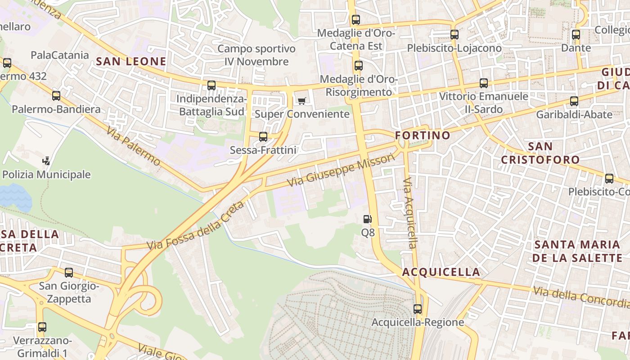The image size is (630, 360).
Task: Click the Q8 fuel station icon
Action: (x=368, y=219)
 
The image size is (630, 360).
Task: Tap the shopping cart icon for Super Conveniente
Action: (x=301, y=100)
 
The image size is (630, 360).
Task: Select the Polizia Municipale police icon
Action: (x=46, y=161)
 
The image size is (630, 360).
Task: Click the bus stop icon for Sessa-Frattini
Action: (x=263, y=136)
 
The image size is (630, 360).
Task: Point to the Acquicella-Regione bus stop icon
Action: (x=418, y=309)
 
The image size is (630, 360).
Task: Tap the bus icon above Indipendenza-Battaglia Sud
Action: (x=211, y=85)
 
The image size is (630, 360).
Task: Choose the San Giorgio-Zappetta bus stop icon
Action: (x=69, y=272)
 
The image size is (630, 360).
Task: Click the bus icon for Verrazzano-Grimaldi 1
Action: (x=42, y=327)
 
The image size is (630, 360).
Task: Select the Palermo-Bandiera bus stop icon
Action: (x=56, y=95)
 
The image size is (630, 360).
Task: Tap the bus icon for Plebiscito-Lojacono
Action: (x=454, y=34)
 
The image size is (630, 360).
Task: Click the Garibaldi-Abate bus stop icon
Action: (x=574, y=101)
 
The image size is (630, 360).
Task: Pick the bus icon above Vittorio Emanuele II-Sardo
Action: (x=484, y=83)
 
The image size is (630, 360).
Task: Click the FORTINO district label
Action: (x=423, y=135)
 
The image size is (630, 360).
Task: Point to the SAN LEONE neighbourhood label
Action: (x=131, y=61)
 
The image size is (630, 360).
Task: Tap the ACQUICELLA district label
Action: (x=441, y=272)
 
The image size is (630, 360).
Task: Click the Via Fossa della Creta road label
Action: (x=195, y=226)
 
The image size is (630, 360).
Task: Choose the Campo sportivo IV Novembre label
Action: (x=256, y=55)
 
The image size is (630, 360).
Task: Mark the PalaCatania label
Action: (x=60, y=55)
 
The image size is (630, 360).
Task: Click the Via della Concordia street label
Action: (x=580, y=297)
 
